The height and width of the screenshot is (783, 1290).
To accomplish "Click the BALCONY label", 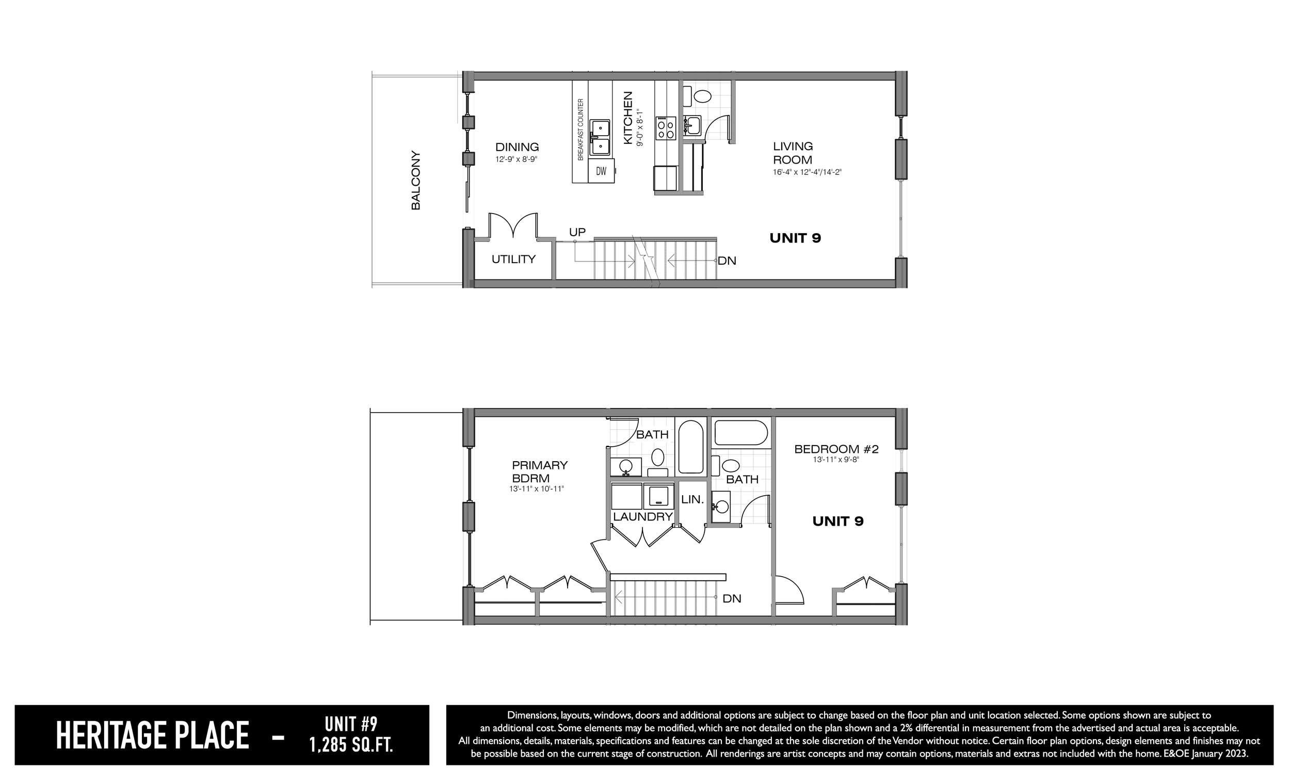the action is coord(416,181).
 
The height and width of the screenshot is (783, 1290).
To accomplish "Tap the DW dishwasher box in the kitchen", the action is coord(601,171).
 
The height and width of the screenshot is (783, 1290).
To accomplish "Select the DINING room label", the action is coord(517,148).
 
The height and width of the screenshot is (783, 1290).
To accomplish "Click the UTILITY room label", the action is coord(513,259).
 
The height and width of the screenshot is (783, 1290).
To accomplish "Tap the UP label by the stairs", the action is coord(577,232).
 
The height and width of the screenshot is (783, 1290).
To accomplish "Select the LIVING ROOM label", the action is coord(793,153).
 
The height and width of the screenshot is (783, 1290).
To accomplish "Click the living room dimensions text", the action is coord(807,172).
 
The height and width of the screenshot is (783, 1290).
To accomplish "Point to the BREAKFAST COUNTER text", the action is coord(580,130).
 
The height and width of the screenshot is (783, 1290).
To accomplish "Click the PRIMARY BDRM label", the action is coord(539,471).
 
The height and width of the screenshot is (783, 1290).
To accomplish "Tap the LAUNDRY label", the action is coord(642,517).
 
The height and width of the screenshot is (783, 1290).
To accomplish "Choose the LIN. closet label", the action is coord(692,500).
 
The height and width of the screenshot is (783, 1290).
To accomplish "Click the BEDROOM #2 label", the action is coord(836,449).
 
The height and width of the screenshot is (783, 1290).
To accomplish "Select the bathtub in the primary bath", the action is coord(691,447).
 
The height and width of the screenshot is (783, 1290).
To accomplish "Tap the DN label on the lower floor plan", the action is coord(732,599).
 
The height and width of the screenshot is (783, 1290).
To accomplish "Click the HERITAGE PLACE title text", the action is coord(152,736).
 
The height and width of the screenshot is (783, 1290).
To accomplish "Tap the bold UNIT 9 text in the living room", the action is coord(795,238).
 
